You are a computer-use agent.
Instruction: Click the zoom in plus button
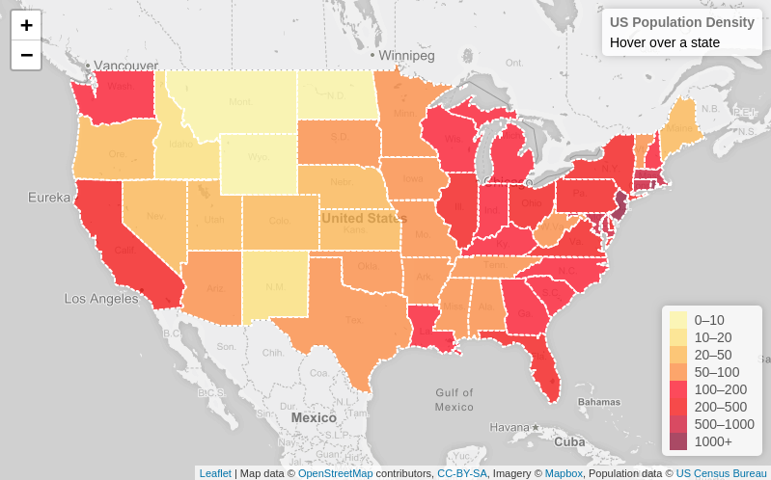click(26, 25)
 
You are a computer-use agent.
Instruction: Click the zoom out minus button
click(26, 55)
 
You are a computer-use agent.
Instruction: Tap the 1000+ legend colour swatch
click(678, 441)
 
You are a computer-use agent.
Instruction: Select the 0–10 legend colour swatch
click(678, 320)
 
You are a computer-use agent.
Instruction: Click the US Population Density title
click(681, 22)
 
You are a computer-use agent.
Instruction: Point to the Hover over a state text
click(664, 42)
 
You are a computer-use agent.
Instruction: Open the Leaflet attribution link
click(215, 473)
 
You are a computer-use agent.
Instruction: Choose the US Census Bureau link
click(721, 473)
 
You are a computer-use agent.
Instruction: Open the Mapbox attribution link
click(564, 473)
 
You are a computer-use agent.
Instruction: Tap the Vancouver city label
click(125, 66)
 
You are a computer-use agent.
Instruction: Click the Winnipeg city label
click(406, 56)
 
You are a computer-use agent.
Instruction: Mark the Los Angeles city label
click(101, 299)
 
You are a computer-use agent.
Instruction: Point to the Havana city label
click(509, 427)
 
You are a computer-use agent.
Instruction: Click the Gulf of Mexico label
click(454, 399)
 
